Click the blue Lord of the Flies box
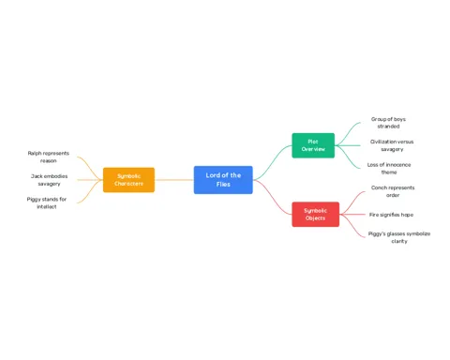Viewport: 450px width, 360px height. (223, 180)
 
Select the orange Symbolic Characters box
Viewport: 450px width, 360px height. (128, 180)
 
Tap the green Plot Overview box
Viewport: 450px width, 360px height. (313, 145)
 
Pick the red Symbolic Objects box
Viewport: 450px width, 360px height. (315, 215)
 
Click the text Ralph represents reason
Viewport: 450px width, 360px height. (49, 157)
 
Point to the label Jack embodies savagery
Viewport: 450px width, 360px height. (49, 180)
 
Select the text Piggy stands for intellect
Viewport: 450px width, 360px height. (47, 202)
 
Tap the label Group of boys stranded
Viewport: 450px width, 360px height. (388, 123)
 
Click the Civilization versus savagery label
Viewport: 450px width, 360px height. (392, 145)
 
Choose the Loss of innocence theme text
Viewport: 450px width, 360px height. (389, 169)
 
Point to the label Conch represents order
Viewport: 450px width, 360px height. (393, 191)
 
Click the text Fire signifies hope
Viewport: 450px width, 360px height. (391, 215)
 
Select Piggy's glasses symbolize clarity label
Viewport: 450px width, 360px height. (399, 237)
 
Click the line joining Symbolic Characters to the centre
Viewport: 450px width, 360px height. (174, 180)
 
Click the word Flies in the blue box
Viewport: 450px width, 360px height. (223, 185)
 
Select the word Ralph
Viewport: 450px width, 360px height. (35, 154)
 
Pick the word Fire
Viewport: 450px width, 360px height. (374, 215)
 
